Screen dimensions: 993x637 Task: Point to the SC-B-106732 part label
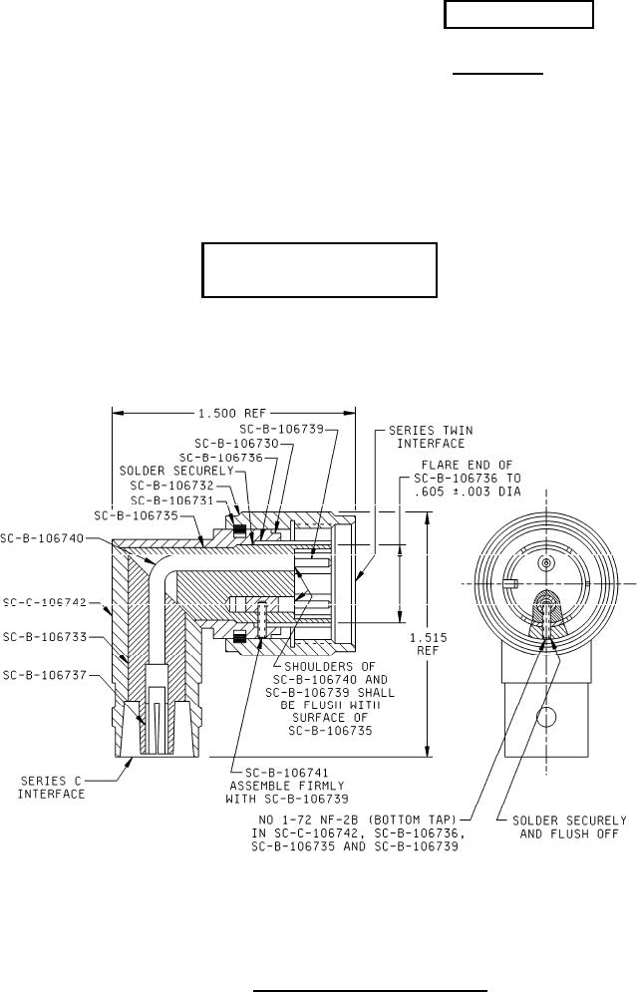172,486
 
